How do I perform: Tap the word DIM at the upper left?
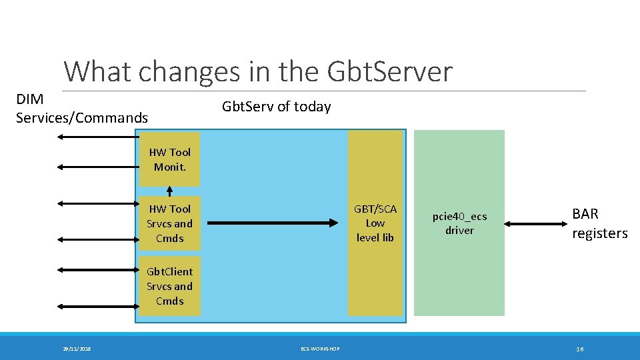coord(30,99)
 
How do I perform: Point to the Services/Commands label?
coord(81,118)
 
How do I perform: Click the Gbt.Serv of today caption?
coord(276,107)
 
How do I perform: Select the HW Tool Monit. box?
coord(169,159)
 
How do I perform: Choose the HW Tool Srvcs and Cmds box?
coord(169,223)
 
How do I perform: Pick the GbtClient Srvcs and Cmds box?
coord(169,286)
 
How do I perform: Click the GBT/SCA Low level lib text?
coord(375,223)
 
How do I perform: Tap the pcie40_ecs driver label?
coord(459,223)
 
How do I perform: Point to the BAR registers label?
coord(599,223)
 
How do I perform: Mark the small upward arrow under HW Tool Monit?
coord(169,192)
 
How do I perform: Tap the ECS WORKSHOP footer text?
coord(320,349)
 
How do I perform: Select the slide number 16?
coord(579,349)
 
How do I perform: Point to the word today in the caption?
coord(313,107)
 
